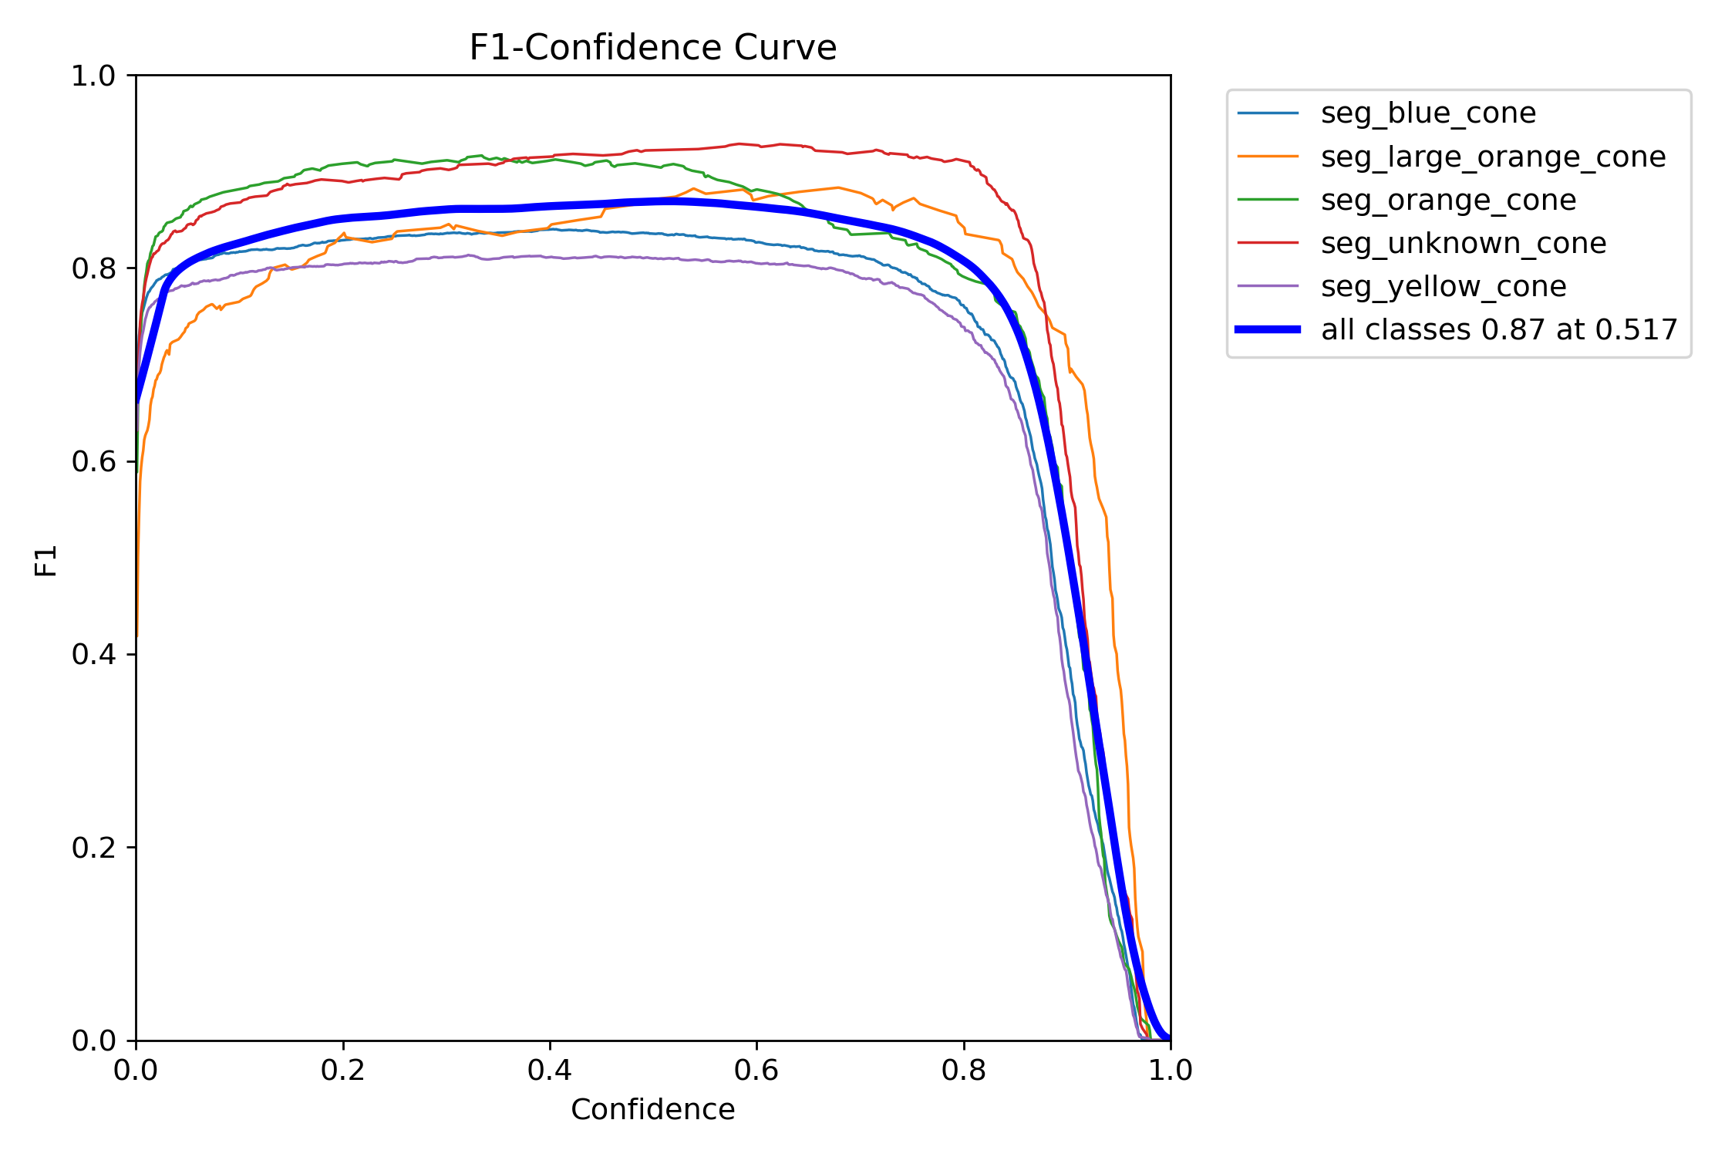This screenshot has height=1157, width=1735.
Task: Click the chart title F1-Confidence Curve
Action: [652, 48]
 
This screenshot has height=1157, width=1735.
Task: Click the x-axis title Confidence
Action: [652, 1109]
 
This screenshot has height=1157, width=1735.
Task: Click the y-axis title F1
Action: [46, 561]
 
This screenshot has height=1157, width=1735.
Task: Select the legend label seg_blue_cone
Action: [1428, 113]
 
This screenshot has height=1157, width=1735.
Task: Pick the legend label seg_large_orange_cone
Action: [1493, 157]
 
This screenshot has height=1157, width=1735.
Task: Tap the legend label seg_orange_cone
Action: [1448, 200]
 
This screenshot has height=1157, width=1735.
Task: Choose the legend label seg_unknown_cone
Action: [1464, 243]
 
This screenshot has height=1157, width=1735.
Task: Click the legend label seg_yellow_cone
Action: [1444, 286]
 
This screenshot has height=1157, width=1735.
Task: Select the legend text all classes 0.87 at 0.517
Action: [1499, 329]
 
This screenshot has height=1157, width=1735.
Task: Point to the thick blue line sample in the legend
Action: [1268, 329]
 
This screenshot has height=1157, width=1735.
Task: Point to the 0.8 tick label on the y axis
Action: [93, 268]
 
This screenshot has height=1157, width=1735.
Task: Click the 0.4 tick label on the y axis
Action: [93, 654]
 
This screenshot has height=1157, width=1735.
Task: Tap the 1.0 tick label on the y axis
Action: [93, 76]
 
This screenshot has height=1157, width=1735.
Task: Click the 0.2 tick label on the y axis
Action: [93, 847]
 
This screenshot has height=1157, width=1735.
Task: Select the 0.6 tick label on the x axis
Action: [756, 1070]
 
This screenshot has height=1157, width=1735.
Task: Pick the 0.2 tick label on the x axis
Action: [343, 1070]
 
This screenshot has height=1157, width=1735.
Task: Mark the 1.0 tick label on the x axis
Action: [1171, 1070]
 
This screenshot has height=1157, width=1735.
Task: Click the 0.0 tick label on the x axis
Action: [136, 1070]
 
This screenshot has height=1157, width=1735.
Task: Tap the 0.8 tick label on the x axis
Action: [964, 1070]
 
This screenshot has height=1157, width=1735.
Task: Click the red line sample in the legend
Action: [1268, 243]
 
